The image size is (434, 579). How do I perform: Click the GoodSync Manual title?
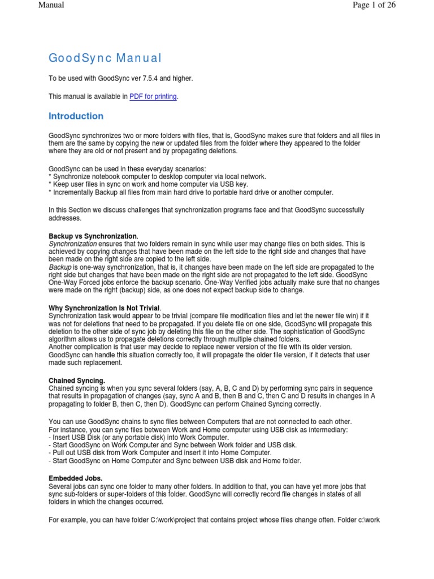[x=105, y=58]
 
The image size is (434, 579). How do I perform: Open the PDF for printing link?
[x=154, y=97]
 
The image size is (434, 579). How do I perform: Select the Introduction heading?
[x=76, y=116]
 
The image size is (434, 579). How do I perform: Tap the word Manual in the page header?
[x=51, y=5]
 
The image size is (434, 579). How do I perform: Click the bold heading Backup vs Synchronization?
[x=93, y=236]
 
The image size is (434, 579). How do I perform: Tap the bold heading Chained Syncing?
[x=77, y=381]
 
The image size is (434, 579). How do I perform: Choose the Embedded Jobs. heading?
[x=76, y=478]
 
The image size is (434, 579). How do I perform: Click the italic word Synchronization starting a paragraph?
[x=73, y=243]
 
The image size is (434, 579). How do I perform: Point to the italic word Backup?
[x=60, y=267]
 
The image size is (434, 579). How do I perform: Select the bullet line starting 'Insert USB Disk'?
[x=139, y=438]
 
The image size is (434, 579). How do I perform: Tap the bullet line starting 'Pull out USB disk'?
[x=160, y=453]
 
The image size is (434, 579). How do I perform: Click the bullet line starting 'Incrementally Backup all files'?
[x=191, y=192]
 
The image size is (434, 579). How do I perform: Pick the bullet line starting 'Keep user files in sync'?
[x=149, y=184]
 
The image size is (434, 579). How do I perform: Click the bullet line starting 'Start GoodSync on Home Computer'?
[x=175, y=461]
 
